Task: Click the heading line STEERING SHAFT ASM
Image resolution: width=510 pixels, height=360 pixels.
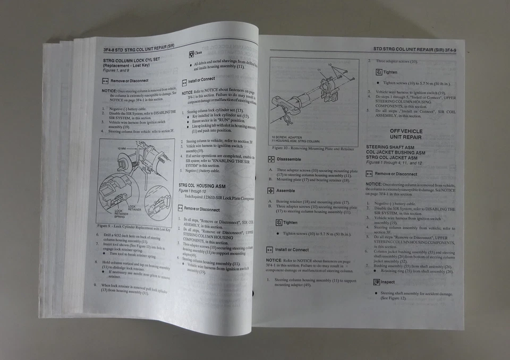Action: click(392, 147)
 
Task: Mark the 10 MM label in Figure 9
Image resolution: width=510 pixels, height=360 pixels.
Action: click(121, 148)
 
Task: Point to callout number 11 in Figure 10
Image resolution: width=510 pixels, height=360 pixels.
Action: click(319, 70)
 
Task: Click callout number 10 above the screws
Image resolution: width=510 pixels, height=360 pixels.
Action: click(330, 65)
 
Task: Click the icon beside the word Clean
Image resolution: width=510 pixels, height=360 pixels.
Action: click(191, 53)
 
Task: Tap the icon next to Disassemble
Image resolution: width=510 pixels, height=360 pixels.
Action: click(270, 159)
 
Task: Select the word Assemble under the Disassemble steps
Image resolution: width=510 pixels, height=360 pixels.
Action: click(285, 191)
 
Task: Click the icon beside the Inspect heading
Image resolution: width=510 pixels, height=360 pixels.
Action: click(376, 282)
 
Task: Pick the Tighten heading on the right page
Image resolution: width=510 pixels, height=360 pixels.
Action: click(390, 72)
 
